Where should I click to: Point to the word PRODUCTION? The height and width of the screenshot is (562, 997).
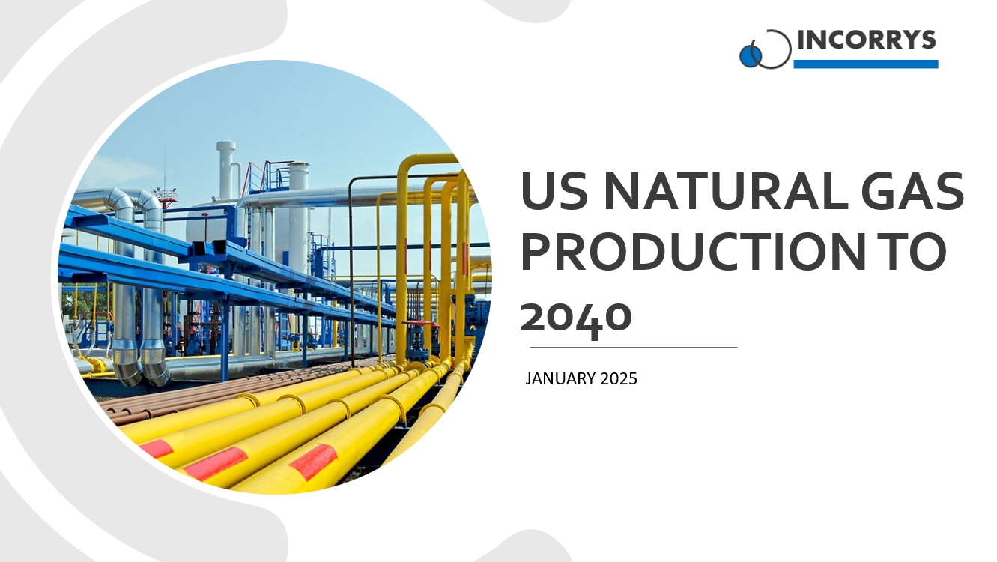tap(689, 253)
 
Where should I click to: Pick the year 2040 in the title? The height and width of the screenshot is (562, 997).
tap(576, 316)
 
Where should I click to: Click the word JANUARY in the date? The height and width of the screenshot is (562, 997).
tap(560, 379)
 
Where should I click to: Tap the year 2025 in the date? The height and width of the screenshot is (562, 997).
tap(618, 379)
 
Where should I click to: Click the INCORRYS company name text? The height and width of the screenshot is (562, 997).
tap(867, 40)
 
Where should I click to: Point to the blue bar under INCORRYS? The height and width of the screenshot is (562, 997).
tap(865, 64)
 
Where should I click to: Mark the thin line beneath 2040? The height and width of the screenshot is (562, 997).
tap(633, 348)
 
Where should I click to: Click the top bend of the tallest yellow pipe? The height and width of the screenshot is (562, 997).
tap(419, 159)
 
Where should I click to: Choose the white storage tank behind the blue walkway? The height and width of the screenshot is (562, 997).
tap(201, 225)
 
